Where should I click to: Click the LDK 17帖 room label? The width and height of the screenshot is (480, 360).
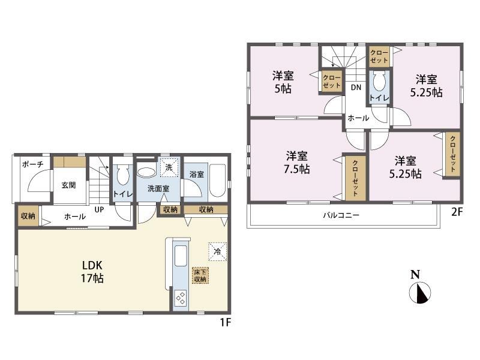coord(92,272)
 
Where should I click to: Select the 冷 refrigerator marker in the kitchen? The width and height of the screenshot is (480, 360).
coord(218,251)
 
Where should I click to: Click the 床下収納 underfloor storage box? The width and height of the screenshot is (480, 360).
coord(200,275)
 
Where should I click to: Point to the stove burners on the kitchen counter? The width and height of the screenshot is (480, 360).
coord(181,298)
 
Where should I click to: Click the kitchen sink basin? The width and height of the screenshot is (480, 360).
coord(181,256)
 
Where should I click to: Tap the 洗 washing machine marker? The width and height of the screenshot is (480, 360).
coord(169,167)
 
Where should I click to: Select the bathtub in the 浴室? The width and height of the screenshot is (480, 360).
coord(218,181)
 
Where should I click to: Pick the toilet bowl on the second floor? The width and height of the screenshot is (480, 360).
coord(379,81)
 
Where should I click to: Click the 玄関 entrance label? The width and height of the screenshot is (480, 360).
coord(68,185)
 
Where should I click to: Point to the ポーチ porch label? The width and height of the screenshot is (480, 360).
coord(33,164)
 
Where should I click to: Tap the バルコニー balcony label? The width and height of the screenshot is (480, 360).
coord(341,215)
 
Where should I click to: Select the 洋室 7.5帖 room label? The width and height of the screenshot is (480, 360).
coord(297,163)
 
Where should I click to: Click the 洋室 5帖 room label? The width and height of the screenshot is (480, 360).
coord(283,82)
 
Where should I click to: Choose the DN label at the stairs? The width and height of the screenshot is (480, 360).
coord(356,88)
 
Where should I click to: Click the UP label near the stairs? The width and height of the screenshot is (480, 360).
coord(99,209)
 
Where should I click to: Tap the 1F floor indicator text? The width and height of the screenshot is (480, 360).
coord(226,322)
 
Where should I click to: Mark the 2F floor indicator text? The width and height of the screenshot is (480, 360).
coord(457,212)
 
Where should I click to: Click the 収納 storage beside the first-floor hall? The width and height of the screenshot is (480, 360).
coord(28,216)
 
